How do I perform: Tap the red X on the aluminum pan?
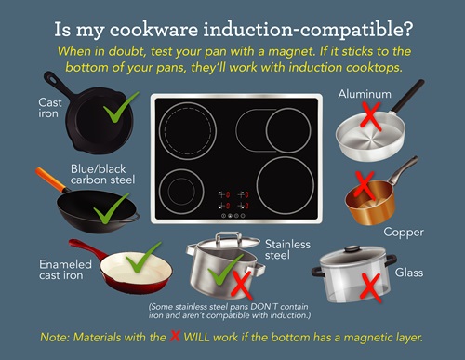[x=370, y=116]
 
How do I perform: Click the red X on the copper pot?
[x=365, y=186]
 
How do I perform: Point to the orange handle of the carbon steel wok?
[x=49, y=180]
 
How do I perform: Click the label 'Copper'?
[x=404, y=233]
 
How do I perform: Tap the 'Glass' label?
[x=409, y=273]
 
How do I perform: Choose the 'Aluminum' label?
[x=365, y=94]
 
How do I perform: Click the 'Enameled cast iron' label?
[x=65, y=270]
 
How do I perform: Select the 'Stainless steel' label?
[x=287, y=249]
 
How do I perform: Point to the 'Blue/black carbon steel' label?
[x=102, y=174]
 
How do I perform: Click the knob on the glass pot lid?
[x=352, y=248]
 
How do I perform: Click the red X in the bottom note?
[x=175, y=336]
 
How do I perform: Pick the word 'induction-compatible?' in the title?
[x=308, y=30]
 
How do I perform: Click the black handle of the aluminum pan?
[x=408, y=96]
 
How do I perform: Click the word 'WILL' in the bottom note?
[x=196, y=337]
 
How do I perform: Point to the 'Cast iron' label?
[x=50, y=108]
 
